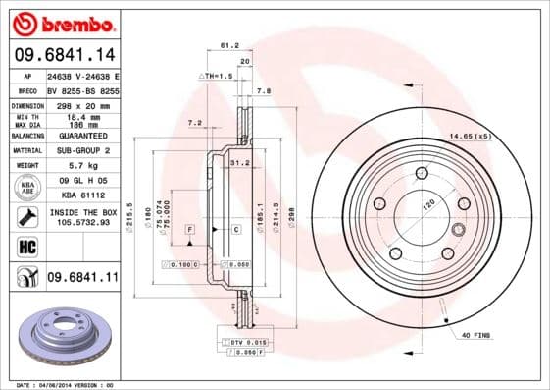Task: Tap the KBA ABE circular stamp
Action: pos(28,187)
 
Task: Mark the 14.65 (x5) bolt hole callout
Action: pos(470,136)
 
